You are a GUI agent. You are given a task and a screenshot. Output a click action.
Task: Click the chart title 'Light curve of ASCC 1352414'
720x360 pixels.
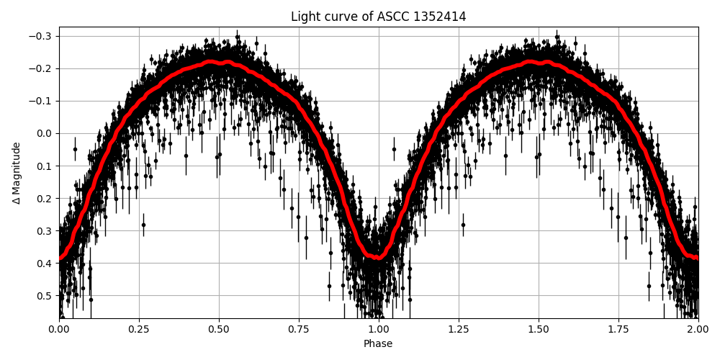tap(378, 17)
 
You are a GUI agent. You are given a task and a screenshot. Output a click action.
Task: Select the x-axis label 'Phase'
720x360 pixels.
tap(378, 344)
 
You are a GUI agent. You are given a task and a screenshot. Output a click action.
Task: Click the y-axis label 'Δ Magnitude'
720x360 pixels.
tap(17, 173)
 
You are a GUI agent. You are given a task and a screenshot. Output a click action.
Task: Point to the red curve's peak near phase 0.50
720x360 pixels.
tap(219, 63)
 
